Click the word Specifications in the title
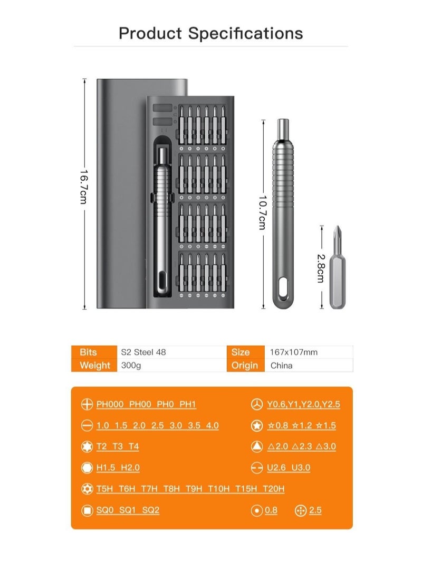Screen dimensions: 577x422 pos(246,33)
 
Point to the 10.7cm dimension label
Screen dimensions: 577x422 pos(262,212)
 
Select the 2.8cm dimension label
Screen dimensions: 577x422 pos(320,268)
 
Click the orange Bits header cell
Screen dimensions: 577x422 pos(88,352)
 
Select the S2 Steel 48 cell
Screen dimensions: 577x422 pos(143,352)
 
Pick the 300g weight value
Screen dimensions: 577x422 pos(131,365)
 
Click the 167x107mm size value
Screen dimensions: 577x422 pos(294,352)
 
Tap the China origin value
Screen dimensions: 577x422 pos(281,365)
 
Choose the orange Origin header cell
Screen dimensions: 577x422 pos(245,365)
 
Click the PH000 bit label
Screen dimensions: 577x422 pos(110,405)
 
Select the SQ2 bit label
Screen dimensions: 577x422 pos(151,510)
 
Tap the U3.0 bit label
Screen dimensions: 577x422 pos(301,468)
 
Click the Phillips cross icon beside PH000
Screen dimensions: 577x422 pos(87,405)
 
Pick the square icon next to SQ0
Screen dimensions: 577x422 pos(87,510)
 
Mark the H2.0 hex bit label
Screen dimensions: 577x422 pos(130,468)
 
